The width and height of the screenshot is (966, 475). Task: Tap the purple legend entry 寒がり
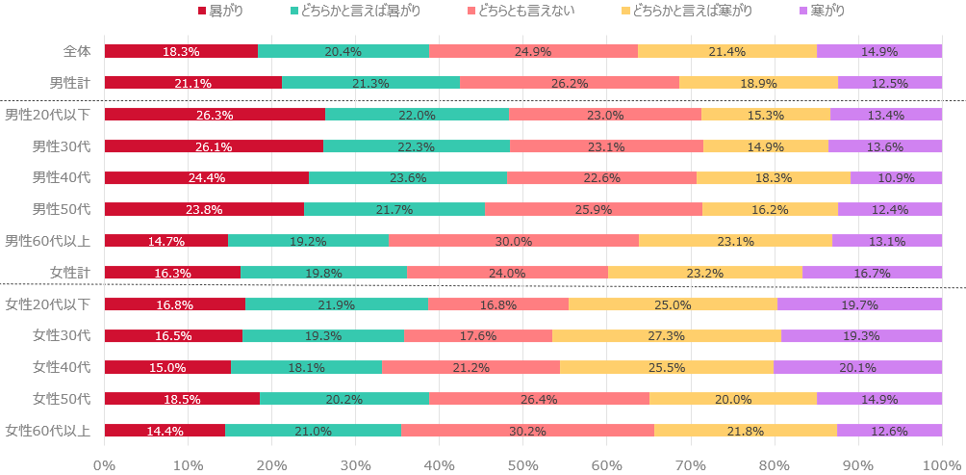(827, 11)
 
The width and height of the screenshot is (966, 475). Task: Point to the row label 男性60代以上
(48, 241)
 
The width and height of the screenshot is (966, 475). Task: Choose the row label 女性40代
(62, 367)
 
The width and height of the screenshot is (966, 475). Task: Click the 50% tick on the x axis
(523, 464)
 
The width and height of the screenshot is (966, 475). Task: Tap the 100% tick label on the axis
(942, 464)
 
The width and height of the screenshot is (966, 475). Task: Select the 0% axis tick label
(105, 464)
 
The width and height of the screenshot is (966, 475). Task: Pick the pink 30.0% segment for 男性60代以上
(514, 241)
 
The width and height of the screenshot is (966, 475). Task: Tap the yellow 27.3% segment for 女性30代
(667, 336)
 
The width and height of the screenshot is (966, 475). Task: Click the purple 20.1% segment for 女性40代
(857, 367)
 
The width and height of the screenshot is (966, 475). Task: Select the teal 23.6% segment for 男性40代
(408, 177)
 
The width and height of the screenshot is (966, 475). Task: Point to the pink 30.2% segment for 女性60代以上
(527, 431)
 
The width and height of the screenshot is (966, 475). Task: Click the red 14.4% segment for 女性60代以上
(165, 431)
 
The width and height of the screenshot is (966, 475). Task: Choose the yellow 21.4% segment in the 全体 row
(727, 52)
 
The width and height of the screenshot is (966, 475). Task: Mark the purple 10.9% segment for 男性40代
(896, 177)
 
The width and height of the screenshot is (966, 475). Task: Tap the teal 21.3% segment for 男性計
(370, 83)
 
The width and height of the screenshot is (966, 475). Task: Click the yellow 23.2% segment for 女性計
(705, 273)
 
